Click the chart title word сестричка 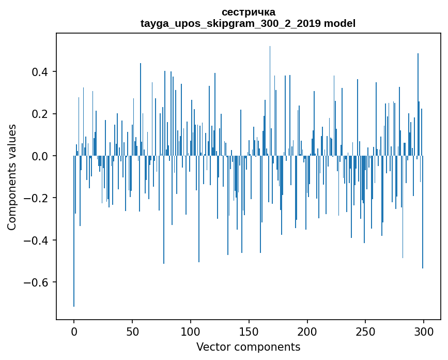click(248, 12)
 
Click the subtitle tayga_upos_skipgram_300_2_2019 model click(248, 23)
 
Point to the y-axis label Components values click(12, 176)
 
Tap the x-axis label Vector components click(248, 347)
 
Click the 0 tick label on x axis click(74, 331)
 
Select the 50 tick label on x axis click(132, 331)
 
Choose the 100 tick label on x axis click(191, 331)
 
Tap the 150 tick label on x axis click(249, 331)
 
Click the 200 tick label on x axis click(307, 331)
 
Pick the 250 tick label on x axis click(365, 331)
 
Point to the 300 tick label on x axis click(424, 331)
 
